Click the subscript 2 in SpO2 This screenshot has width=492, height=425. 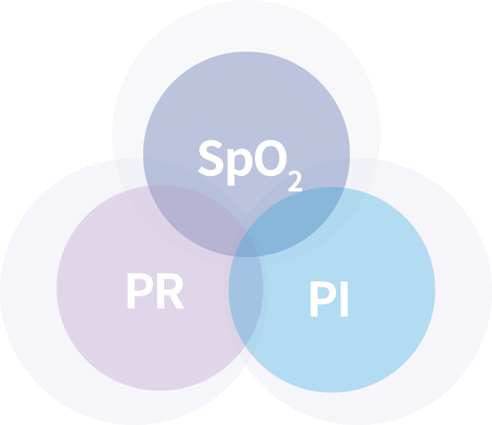point(295,182)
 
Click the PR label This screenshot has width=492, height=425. point(154,293)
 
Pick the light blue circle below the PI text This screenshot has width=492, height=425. point(331,356)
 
